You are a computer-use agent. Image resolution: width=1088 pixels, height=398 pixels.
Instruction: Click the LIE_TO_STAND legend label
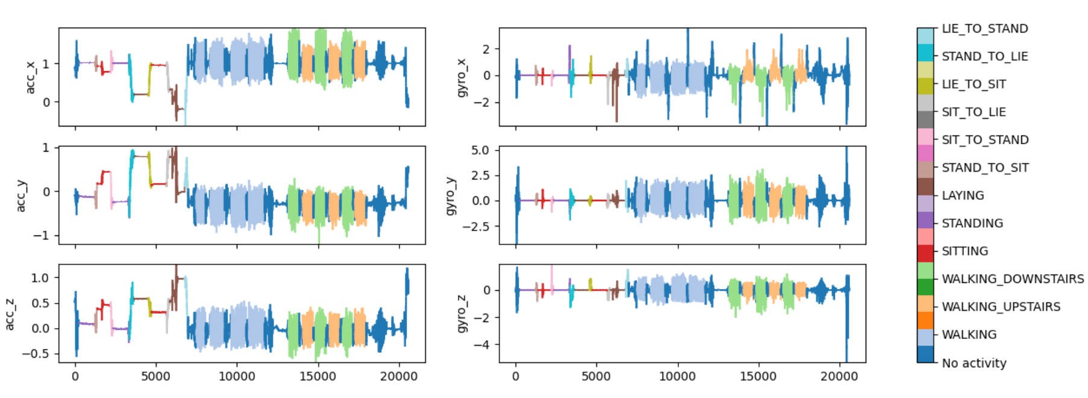(x=984, y=29)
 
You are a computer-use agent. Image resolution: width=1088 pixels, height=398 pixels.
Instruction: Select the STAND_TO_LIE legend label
(x=984, y=57)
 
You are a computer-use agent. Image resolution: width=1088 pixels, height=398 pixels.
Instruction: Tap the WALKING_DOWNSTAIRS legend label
(x=1013, y=279)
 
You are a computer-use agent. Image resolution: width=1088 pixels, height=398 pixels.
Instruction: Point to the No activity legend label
(x=974, y=363)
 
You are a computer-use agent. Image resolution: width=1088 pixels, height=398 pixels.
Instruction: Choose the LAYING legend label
(x=963, y=196)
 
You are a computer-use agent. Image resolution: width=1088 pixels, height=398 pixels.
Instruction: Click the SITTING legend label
(x=965, y=251)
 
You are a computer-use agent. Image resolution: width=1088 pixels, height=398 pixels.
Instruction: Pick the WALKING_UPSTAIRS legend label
(x=1001, y=306)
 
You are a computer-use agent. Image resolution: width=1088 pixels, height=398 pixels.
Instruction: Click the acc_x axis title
(x=31, y=77)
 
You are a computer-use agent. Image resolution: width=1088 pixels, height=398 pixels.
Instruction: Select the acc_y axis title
(x=21, y=195)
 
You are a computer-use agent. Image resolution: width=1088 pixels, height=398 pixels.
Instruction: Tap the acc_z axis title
(x=10, y=314)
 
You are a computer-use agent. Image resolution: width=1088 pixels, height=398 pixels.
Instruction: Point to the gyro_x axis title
(x=461, y=77)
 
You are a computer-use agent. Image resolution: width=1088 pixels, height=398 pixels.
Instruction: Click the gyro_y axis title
(x=451, y=195)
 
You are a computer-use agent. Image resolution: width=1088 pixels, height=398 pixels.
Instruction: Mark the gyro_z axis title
(x=461, y=314)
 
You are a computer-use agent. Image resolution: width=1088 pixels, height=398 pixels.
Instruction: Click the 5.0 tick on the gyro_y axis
(x=480, y=150)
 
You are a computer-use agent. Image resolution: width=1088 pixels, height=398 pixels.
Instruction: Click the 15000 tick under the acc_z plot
(x=317, y=377)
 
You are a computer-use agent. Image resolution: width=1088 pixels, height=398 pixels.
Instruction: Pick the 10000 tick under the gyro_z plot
(x=677, y=377)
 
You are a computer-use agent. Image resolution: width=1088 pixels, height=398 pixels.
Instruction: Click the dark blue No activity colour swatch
(x=925, y=354)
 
